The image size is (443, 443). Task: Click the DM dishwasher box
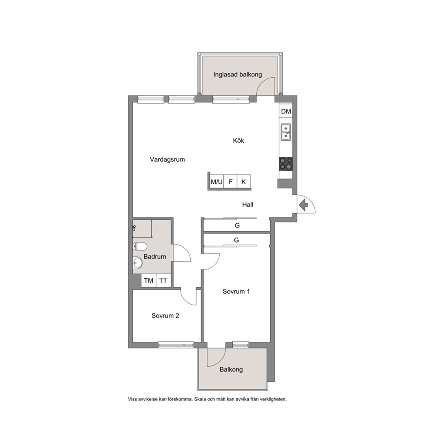286,111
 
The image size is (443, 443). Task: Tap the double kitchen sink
286,132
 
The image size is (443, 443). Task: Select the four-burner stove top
286,164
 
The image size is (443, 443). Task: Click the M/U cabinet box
217,182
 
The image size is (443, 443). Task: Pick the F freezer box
230,182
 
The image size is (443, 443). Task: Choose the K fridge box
244,182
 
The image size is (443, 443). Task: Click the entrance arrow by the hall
303,205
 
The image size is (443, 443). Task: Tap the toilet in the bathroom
140,247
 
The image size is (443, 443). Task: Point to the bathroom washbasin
138,263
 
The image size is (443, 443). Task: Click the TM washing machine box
149,280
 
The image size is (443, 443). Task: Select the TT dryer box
163,280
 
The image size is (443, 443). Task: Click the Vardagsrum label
167,159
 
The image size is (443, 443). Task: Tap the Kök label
238,140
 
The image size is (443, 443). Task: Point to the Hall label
248,205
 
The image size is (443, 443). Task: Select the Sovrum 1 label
236,291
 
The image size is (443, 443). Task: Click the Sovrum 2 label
165,316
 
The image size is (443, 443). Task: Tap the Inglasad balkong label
238,75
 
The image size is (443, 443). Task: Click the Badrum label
155,256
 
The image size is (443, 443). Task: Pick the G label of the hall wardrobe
237,226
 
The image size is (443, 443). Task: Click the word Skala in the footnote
201,399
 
